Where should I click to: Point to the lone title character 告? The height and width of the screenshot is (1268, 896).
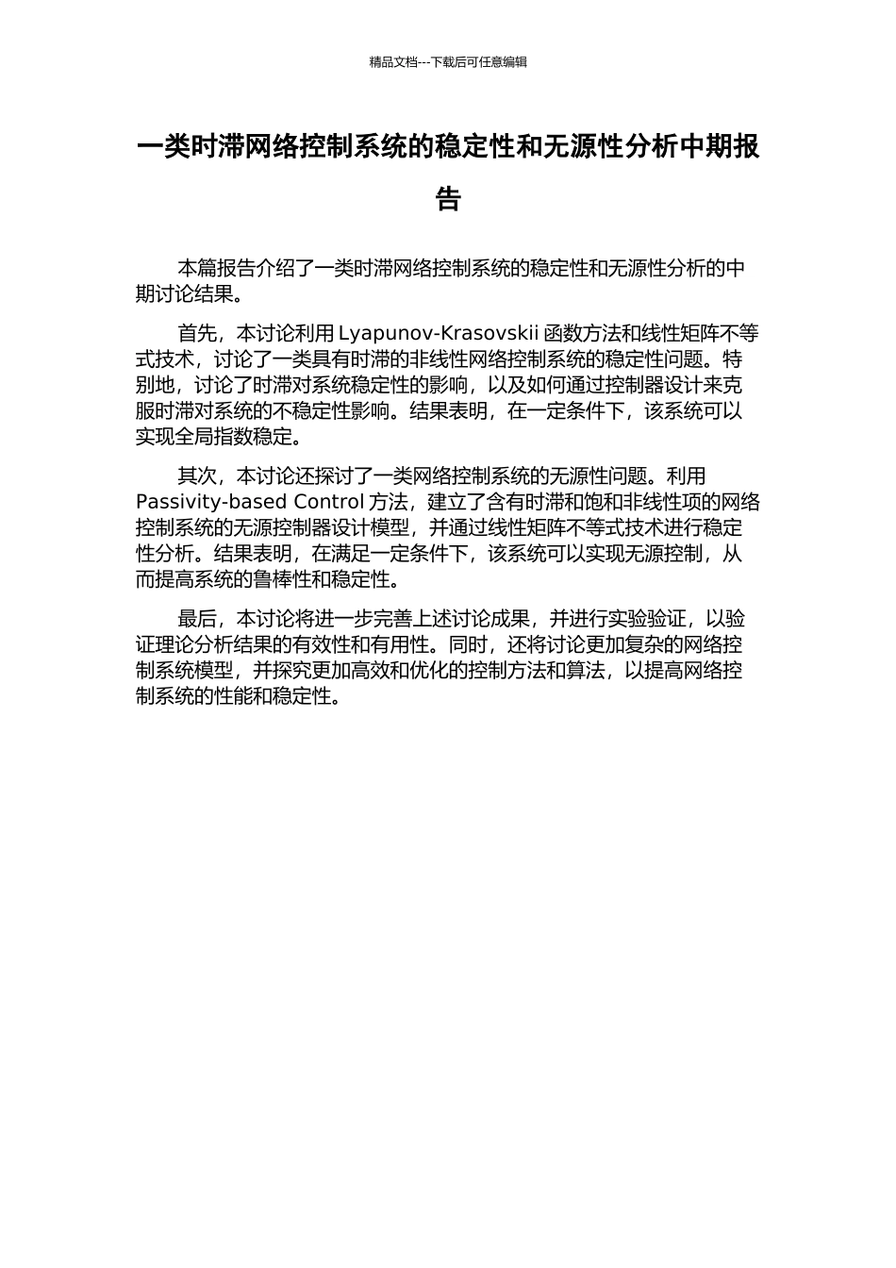[x=448, y=199]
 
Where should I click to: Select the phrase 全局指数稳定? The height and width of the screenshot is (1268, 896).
[x=225, y=437]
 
